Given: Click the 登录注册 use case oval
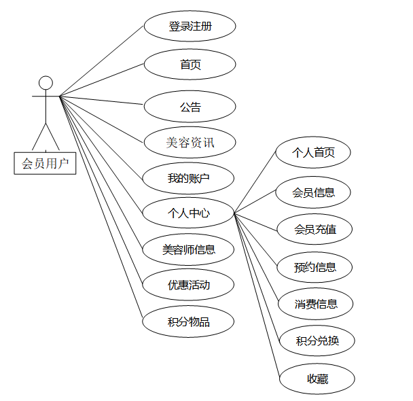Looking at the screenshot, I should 190,27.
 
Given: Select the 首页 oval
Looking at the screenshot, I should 190,65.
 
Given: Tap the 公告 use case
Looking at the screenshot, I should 190,107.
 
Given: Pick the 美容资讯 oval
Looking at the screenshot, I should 190,143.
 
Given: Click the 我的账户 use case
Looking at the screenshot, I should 189,179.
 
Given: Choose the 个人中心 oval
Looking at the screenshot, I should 189,213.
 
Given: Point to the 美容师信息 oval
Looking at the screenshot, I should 189,249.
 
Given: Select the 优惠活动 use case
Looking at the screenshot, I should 189,285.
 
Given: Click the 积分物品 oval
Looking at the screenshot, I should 189,321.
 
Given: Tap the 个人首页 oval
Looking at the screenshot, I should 313,153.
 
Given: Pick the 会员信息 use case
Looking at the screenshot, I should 313,192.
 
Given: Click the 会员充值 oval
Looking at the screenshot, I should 315,229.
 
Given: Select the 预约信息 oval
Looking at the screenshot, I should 315,267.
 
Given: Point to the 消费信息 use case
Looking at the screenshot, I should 317,303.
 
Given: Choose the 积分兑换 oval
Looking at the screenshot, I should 317,341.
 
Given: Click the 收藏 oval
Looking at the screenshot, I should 317,379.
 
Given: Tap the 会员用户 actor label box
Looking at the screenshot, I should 45,163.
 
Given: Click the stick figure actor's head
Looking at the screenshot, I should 46,83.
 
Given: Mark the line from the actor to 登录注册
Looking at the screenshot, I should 102,61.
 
